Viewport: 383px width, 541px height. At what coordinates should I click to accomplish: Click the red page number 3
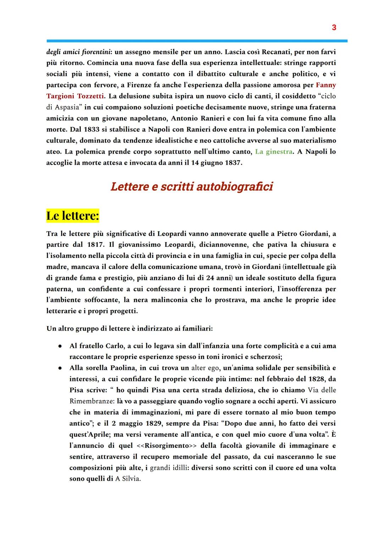(x=334, y=27)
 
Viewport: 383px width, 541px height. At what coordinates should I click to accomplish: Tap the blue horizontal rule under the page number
(x=197, y=41)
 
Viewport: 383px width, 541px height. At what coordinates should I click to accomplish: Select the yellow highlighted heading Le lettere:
(x=73, y=216)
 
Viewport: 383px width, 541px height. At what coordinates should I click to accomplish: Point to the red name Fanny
(x=326, y=85)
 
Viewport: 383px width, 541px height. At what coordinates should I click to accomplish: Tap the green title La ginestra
(x=274, y=152)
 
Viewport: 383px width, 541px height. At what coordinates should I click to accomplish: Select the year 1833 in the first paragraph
(x=92, y=129)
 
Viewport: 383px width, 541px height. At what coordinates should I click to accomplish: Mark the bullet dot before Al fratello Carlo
(x=61, y=346)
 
